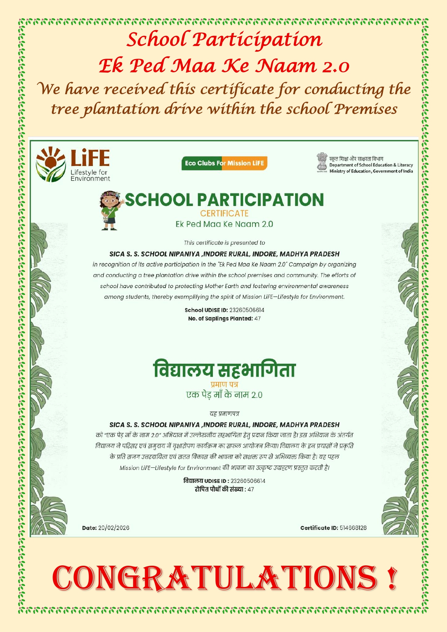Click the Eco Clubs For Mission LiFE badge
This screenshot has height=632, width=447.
coord(224,163)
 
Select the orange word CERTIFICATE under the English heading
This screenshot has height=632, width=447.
coord(224,214)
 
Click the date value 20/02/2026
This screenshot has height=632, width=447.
coord(113,528)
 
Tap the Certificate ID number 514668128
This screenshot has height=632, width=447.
coord(353,528)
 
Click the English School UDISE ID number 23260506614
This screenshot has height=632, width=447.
coord(247,310)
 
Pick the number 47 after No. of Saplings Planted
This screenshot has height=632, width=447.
coord(257,319)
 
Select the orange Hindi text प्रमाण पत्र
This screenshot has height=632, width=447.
coord(224,385)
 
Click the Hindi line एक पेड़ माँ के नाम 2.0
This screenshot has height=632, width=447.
coord(224,395)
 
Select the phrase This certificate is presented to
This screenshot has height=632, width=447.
coord(224,243)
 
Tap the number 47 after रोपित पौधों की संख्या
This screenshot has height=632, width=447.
coord(251,489)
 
